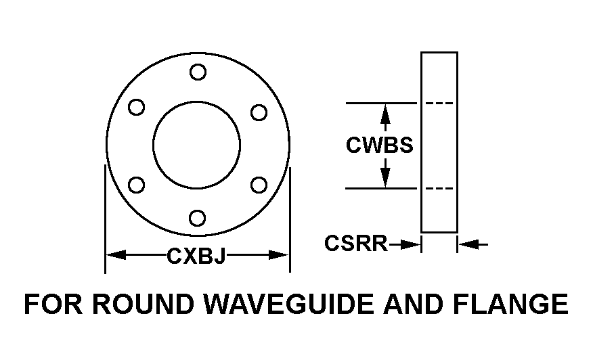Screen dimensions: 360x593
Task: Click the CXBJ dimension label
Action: coord(196,255)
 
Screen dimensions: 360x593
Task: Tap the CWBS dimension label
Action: coord(379,145)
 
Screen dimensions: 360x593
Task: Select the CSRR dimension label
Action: coord(355,243)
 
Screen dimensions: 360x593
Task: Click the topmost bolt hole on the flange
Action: coord(198,71)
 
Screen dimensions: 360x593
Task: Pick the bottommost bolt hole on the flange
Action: coord(198,218)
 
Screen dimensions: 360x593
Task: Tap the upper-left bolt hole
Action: coord(136,107)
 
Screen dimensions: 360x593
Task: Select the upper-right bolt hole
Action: coord(259,112)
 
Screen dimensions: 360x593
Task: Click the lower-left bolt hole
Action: coord(136,183)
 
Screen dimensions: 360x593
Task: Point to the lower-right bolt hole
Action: coord(259,183)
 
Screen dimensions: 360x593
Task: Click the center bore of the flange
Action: coord(196,145)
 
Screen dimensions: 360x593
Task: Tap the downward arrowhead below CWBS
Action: coord(385,179)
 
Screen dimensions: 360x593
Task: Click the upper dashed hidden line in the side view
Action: coord(439,104)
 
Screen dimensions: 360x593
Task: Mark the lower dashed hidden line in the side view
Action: coord(439,188)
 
